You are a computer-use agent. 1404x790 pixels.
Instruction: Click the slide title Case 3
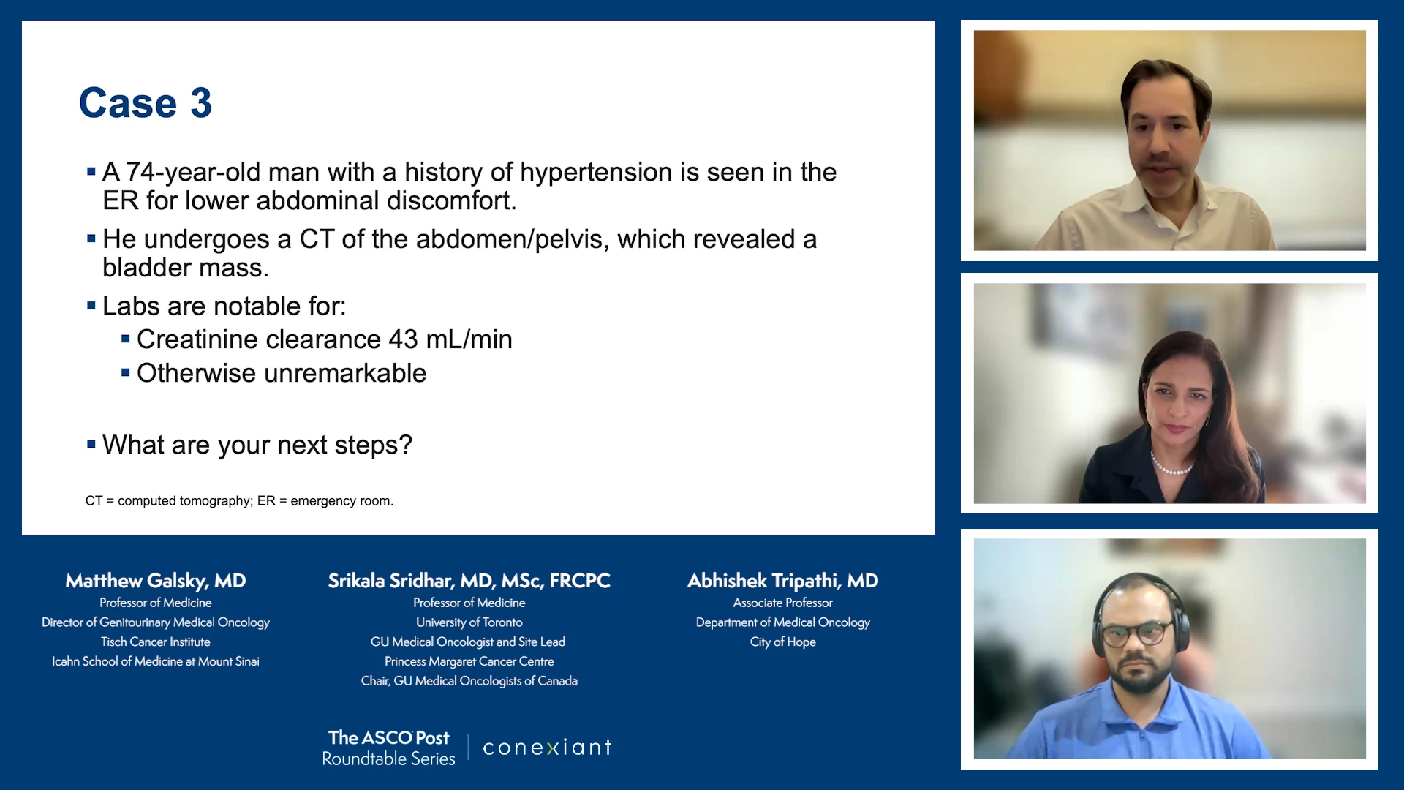[x=146, y=102]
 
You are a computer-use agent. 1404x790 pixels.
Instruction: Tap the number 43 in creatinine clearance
[x=403, y=339]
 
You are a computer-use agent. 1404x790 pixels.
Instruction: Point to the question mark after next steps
[x=405, y=444]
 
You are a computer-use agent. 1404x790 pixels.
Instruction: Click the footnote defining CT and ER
[x=240, y=501]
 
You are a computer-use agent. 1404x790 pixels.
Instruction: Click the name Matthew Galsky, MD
[x=156, y=581]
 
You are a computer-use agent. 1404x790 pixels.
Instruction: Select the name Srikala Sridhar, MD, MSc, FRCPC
[x=469, y=581]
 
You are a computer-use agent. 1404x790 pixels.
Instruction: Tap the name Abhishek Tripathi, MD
[x=782, y=581]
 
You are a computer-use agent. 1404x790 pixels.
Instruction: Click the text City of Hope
[x=782, y=642]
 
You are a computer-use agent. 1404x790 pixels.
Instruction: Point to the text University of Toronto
[x=469, y=622]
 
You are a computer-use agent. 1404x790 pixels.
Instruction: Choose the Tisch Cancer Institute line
[x=156, y=642]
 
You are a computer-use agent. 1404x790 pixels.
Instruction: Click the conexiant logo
[x=547, y=748]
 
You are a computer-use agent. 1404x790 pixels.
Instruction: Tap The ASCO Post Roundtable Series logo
[x=388, y=748]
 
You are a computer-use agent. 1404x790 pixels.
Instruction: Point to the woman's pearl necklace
[x=1171, y=466]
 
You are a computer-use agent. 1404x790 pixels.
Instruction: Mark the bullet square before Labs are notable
[x=91, y=306]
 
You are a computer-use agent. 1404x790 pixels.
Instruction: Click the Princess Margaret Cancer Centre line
[x=469, y=661]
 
